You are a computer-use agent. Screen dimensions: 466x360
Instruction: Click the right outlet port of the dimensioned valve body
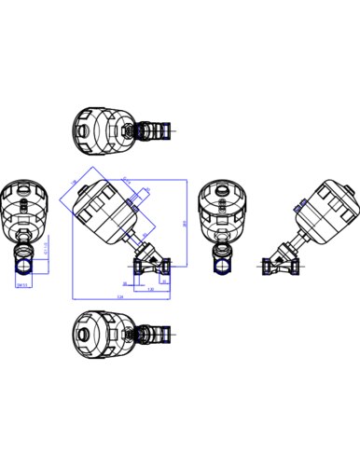166,267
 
